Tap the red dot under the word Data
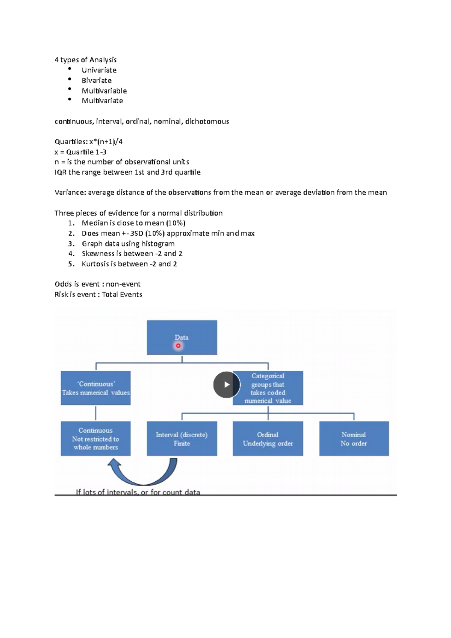[x=178, y=346]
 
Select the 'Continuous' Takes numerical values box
[x=96, y=388]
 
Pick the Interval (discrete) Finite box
[x=182, y=438]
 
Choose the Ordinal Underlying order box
[x=268, y=438]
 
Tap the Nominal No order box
[x=354, y=438]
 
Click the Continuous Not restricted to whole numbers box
[x=96, y=438]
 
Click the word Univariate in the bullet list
[x=99, y=70]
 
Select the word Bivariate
[x=97, y=80]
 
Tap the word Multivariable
[x=104, y=91]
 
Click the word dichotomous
[x=207, y=121]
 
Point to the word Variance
[x=70, y=193]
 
